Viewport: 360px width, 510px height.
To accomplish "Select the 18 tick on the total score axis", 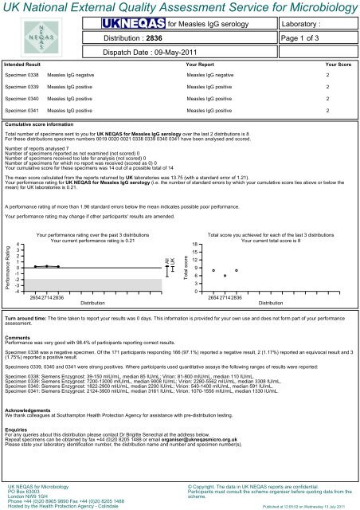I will click(195, 245).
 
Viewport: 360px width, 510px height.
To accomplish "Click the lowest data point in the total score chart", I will click(225, 276).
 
